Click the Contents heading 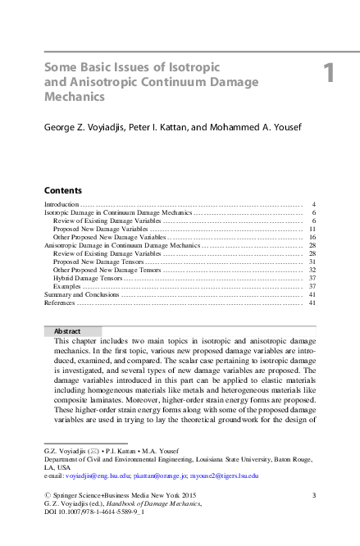coord(62,189)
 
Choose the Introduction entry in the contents coord(62,204)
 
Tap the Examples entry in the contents coord(67,286)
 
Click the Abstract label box coord(73,331)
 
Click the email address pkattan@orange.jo coord(156,475)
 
